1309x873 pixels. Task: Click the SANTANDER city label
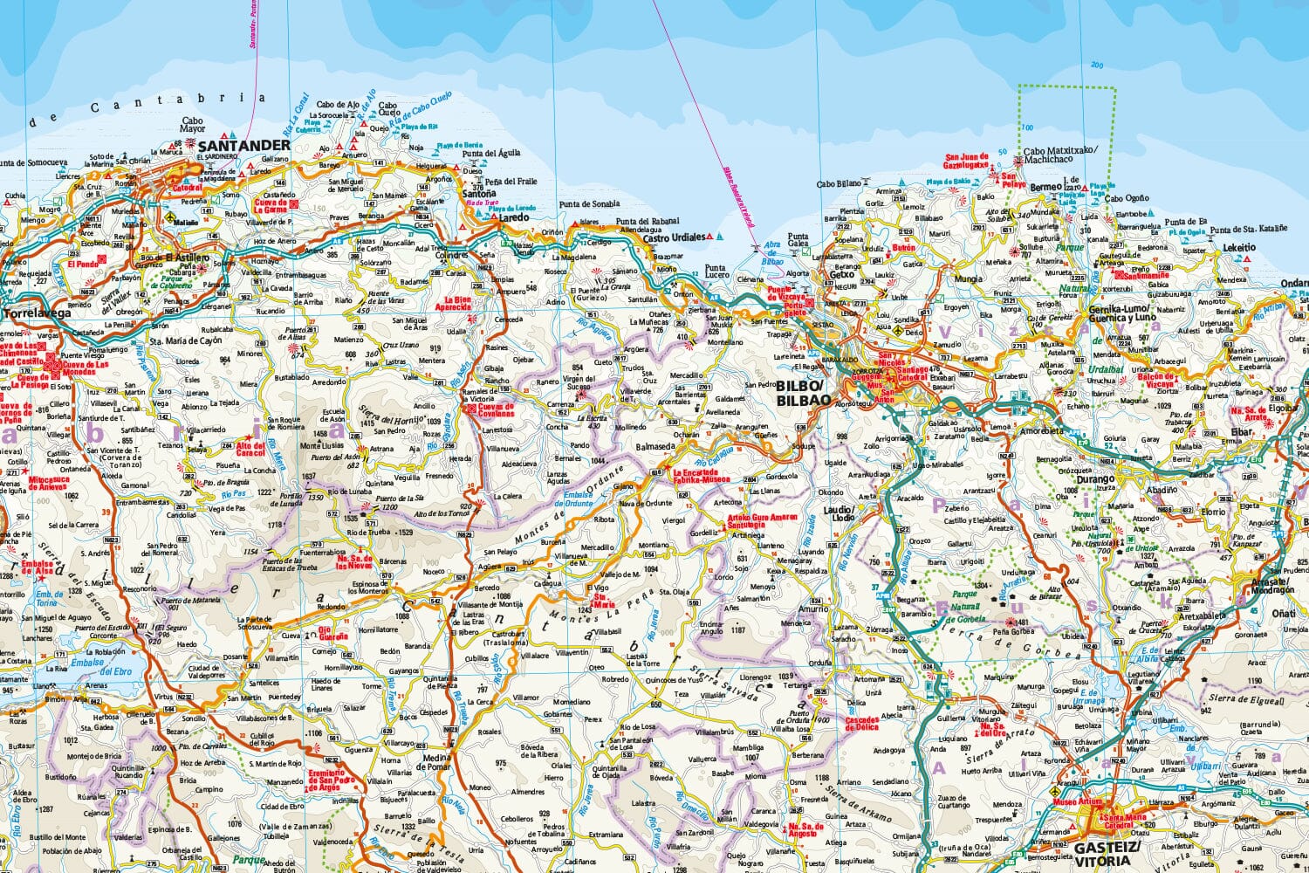pyautogui.click(x=243, y=145)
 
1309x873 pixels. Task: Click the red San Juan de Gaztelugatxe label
pyautogui.click(x=966, y=161)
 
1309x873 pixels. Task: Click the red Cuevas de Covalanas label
pyautogui.click(x=496, y=410)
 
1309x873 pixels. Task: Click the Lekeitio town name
pyautogui.click(x=1239, y=248)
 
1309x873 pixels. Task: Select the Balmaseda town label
pyautogui.click(x=656, y=446)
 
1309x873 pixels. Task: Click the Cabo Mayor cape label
pyautogui.click(x=192, y=126)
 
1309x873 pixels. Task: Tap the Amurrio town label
pyautogui.click(x=812, y=609)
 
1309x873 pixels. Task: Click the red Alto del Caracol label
pyautogui.click(x=250, y=449)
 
